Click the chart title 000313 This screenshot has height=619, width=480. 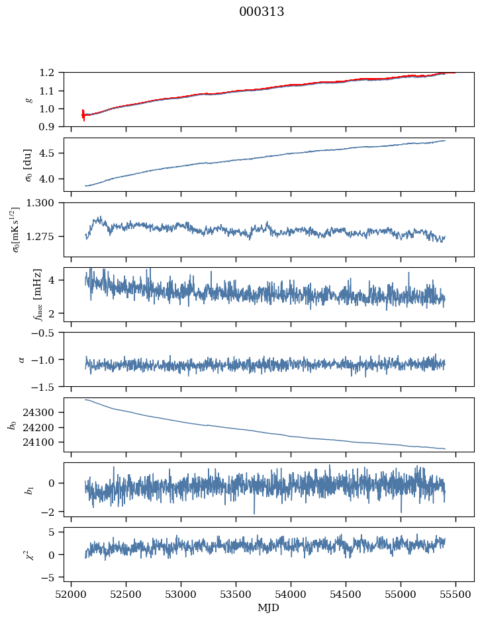(262, 12)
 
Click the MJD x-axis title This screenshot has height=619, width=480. (269, 608)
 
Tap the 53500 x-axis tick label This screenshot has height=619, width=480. (236, 594)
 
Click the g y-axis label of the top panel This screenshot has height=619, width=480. (28, 99)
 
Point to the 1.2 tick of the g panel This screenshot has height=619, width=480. (52, 72)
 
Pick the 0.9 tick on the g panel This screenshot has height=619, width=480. (52, 126)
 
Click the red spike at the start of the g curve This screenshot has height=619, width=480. (83, 114)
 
